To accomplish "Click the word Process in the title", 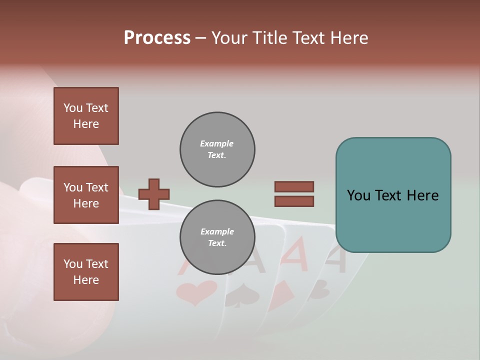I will [157, 38].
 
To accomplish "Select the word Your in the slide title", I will [230, 38].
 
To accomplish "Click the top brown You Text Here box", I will [86, 116].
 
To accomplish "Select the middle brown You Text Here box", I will [86, 195].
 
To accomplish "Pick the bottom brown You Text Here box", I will [86, 272].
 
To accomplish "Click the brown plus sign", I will [154, 194].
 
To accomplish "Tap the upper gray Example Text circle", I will [217, 149].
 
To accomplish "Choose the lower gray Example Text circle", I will [217, 237].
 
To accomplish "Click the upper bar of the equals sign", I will [294, 186].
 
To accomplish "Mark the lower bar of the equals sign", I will [294, 201].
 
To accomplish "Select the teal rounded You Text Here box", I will [393, 195].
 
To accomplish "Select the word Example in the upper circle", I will [217, 143].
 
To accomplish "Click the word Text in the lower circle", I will [217, 243].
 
